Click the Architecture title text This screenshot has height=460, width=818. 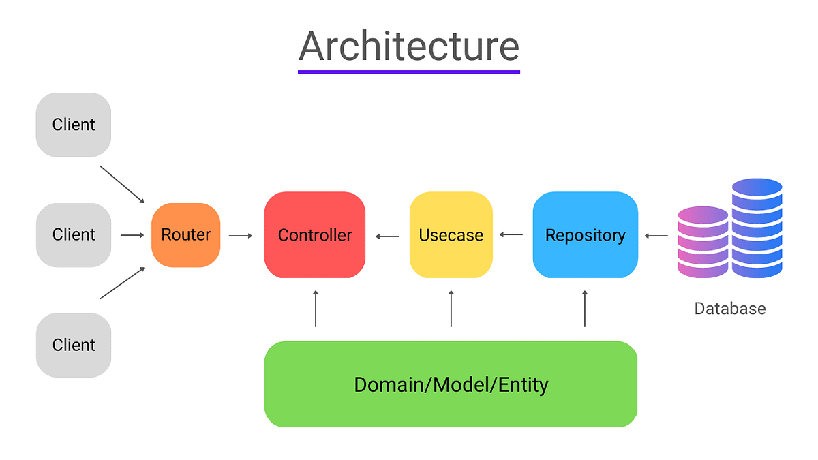pyautogui.click(x=409, y=46)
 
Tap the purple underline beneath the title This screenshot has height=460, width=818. pyautogui.click(x=409, y=72)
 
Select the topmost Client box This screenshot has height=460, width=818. pyautogui.click(x=74, y=125)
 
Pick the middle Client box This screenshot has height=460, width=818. pyautogui.click(x=74, y=234)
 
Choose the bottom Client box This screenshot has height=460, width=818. pyautogui.click(x=74, y=345)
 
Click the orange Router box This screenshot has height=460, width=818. pyautogui.click(x=186, y=235)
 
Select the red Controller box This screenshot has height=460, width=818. pyautogui.click(x=315, y=235)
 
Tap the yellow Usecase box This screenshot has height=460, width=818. pyautogui.click(x=451, y=235)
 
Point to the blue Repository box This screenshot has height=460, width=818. pyautogui.click(x=585, y=235)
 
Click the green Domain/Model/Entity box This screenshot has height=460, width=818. pyautogui.click(x=451, y=384)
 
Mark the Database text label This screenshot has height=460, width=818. pyautogui.click(x=729, y=309)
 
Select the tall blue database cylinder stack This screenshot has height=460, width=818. pyautogui.click(x=757, y=228)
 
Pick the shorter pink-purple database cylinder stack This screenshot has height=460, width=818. pyautogui.click(x=703, y=242)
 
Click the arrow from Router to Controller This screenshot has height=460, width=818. pyautogui.click(x=241, y=236)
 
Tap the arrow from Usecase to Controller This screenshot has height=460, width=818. pyautogui.click(x=387, y=236)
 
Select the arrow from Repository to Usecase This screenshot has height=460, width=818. pyautogui.click(x=511, y=235)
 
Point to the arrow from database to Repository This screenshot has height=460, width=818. pyautogui.click(x=656, y=236)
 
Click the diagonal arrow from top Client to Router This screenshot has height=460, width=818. pyautogui.click(x=123, y=184)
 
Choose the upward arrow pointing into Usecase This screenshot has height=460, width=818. pyautogui.click(x=451, y=309)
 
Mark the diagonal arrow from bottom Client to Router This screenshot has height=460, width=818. pyautogui.click(x=123, y=283)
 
